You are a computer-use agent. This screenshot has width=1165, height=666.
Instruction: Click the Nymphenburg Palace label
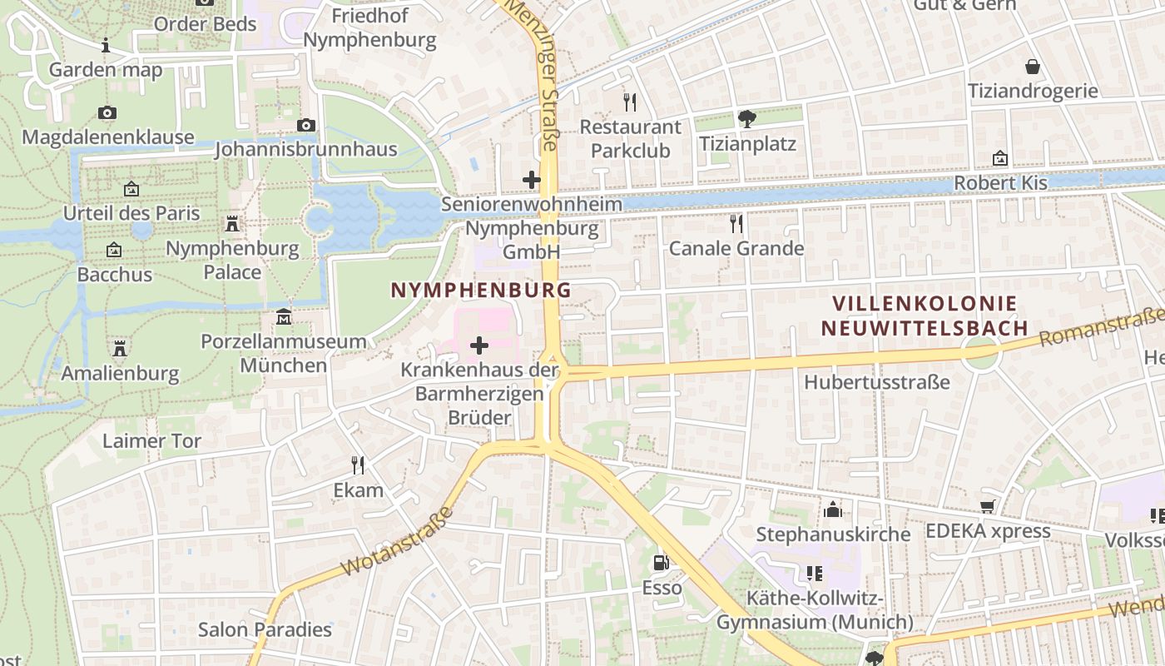click(232, 260)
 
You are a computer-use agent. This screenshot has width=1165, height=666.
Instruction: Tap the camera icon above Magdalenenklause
click(107, 113)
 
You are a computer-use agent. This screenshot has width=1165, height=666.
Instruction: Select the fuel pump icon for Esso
click(662, 564)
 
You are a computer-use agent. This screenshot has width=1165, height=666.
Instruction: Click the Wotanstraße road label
click(398, 542)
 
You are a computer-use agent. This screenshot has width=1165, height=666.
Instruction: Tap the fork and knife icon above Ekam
click(358, 465)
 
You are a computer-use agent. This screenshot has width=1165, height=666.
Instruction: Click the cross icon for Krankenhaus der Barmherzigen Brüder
click(479, 345)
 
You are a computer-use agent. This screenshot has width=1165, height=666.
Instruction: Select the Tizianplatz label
click(747, 144)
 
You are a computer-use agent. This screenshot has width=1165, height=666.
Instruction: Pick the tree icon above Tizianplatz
click(747, 119)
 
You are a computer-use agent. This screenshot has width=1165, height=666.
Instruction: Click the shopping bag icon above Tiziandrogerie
click(1033, 67)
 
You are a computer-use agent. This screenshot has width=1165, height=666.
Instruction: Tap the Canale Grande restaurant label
click(736, 248)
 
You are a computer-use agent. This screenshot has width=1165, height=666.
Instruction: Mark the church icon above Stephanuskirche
click(833, 509)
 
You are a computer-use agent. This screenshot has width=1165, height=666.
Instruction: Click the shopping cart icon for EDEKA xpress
click(988, 506)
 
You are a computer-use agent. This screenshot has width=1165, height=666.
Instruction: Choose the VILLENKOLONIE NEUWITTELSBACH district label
click(924, 316)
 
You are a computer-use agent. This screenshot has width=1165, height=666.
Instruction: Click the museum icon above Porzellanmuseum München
click(284, 317)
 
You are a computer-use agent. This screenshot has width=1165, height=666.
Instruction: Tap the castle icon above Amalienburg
click(120, 348)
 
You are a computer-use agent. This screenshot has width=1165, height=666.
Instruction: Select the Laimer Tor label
click(151, 440)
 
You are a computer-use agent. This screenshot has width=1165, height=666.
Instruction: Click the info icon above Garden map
click(106, 45)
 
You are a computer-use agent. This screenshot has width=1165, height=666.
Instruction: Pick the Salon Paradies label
click(265, 629)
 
